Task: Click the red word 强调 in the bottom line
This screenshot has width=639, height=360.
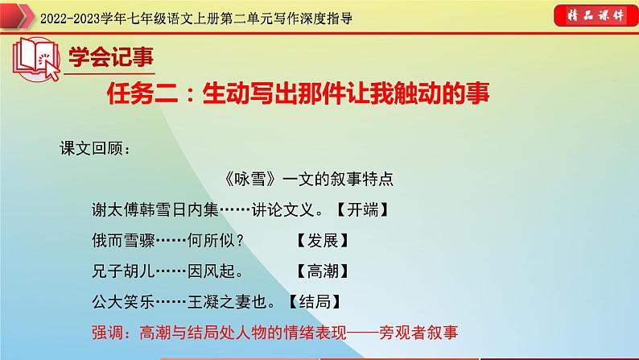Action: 110,331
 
